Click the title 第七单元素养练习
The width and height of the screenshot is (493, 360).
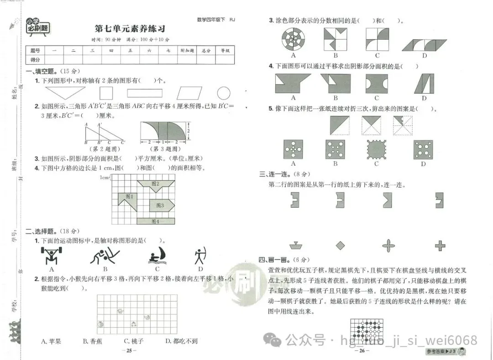(130, 29)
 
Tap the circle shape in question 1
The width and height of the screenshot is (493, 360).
(224, 94)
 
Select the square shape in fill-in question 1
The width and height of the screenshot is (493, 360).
(106, 94)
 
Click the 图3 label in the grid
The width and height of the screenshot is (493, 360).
(160, 205)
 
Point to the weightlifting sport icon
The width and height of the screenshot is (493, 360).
(52, 256)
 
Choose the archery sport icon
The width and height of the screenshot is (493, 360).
(199, 256)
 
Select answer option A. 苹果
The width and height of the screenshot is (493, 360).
(51, 341)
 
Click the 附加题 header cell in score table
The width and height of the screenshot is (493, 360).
(187, 51)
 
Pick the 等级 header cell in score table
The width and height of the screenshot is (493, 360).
(225, 51)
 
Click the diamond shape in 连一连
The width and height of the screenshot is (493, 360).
(340, 246)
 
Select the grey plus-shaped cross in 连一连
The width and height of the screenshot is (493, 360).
(440, 246)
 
